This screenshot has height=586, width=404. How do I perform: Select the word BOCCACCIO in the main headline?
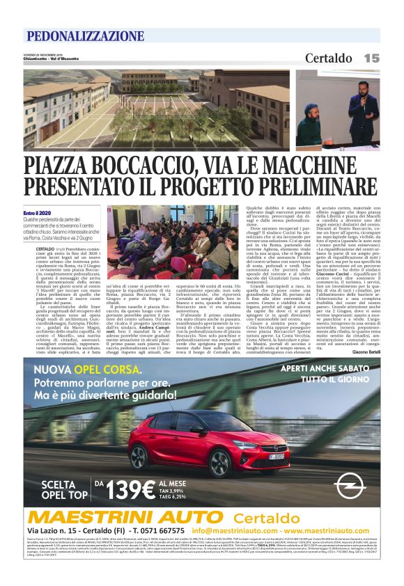click(x=143, y=166)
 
